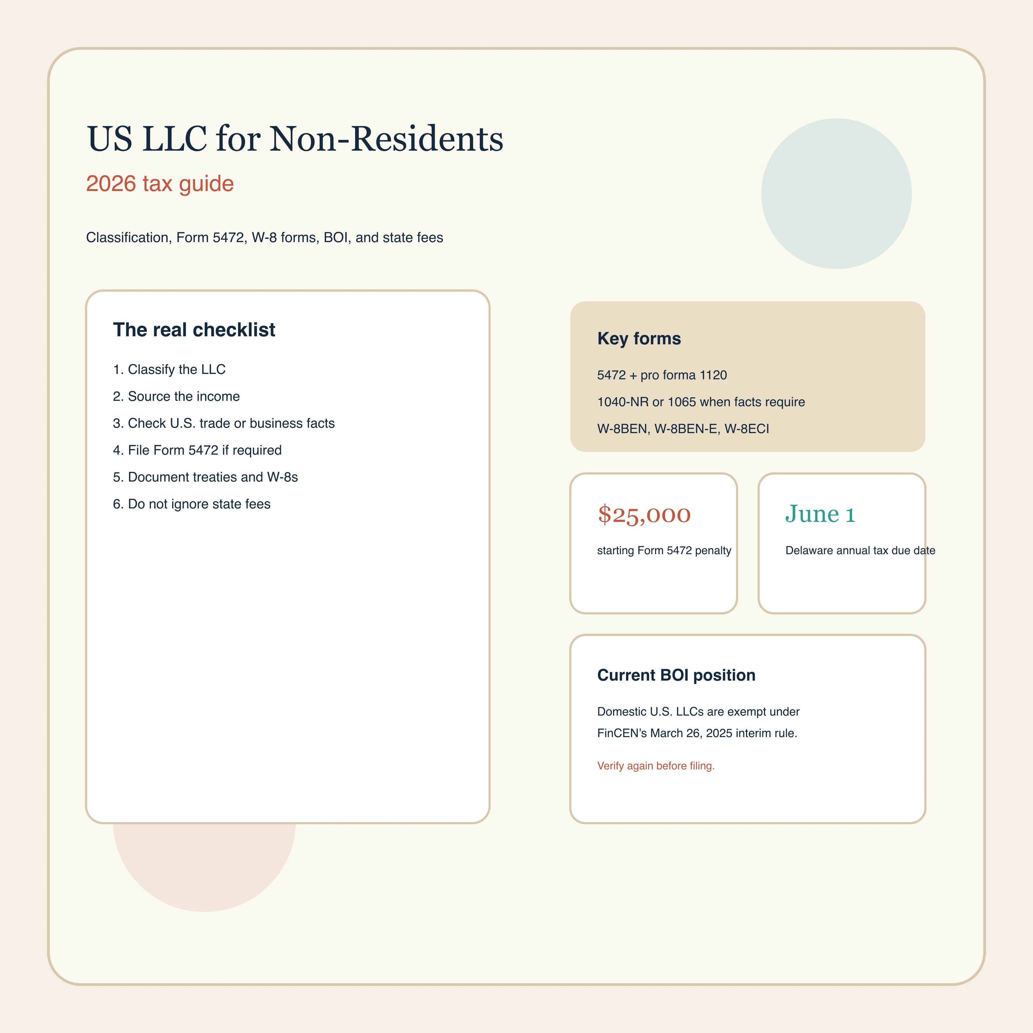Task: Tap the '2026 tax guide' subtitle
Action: (x=160, y=183)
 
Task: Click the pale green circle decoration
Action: (x=836, y=194)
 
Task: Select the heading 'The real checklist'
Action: (x=194, y=330)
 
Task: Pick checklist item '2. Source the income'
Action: (x=176, y=396)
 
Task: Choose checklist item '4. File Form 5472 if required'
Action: (x=197, y=450)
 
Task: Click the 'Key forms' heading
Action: (x=639, y=338)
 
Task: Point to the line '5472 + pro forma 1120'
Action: (x=662, y=375)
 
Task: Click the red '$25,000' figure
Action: (x=644, y=514)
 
